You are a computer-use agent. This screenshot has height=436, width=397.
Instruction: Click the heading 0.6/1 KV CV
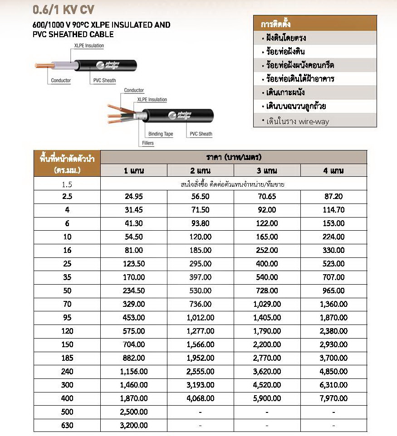pyautogui.click(x=64, y=10)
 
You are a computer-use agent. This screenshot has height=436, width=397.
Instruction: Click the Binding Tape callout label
pyautogui.click(x=161, y=134)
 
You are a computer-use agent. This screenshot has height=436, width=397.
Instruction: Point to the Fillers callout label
pyautogui.click(x=147, y=143)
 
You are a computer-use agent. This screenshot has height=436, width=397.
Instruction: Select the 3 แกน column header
pyautogui.click(x=267, y=170)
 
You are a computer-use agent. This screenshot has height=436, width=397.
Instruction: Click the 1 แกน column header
pyautogui.click(x=134, y=170)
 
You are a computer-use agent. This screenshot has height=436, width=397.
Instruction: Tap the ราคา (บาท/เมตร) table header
pyautogui.click(x=233, y=157)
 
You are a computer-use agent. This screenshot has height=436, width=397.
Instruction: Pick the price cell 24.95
pyautogui.click(x=134, y=197)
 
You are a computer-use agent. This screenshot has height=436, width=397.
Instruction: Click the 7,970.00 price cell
pyautogui.click(x=333, y=398)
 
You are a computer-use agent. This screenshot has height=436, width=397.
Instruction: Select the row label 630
pyautogui.click(x=67, y=426)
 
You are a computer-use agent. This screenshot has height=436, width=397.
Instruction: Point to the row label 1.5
pyautogui.click(x=67, y=184)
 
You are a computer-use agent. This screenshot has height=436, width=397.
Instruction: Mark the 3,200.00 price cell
pyautogui.click(x=134, y=426)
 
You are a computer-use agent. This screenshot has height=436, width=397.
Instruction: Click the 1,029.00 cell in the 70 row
pyautogui.click(x=267, y=304)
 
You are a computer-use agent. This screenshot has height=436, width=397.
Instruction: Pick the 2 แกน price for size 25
pyautogui.click(x=201, y=264)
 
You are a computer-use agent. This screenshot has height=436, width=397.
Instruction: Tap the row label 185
pyautogui.click(x=67, y=358)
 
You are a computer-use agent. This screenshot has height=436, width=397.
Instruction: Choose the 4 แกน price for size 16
pyautogui.click(x=333, y=250)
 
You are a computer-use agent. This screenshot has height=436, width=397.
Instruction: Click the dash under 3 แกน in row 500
pyautogui.click(x=267, y=412)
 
